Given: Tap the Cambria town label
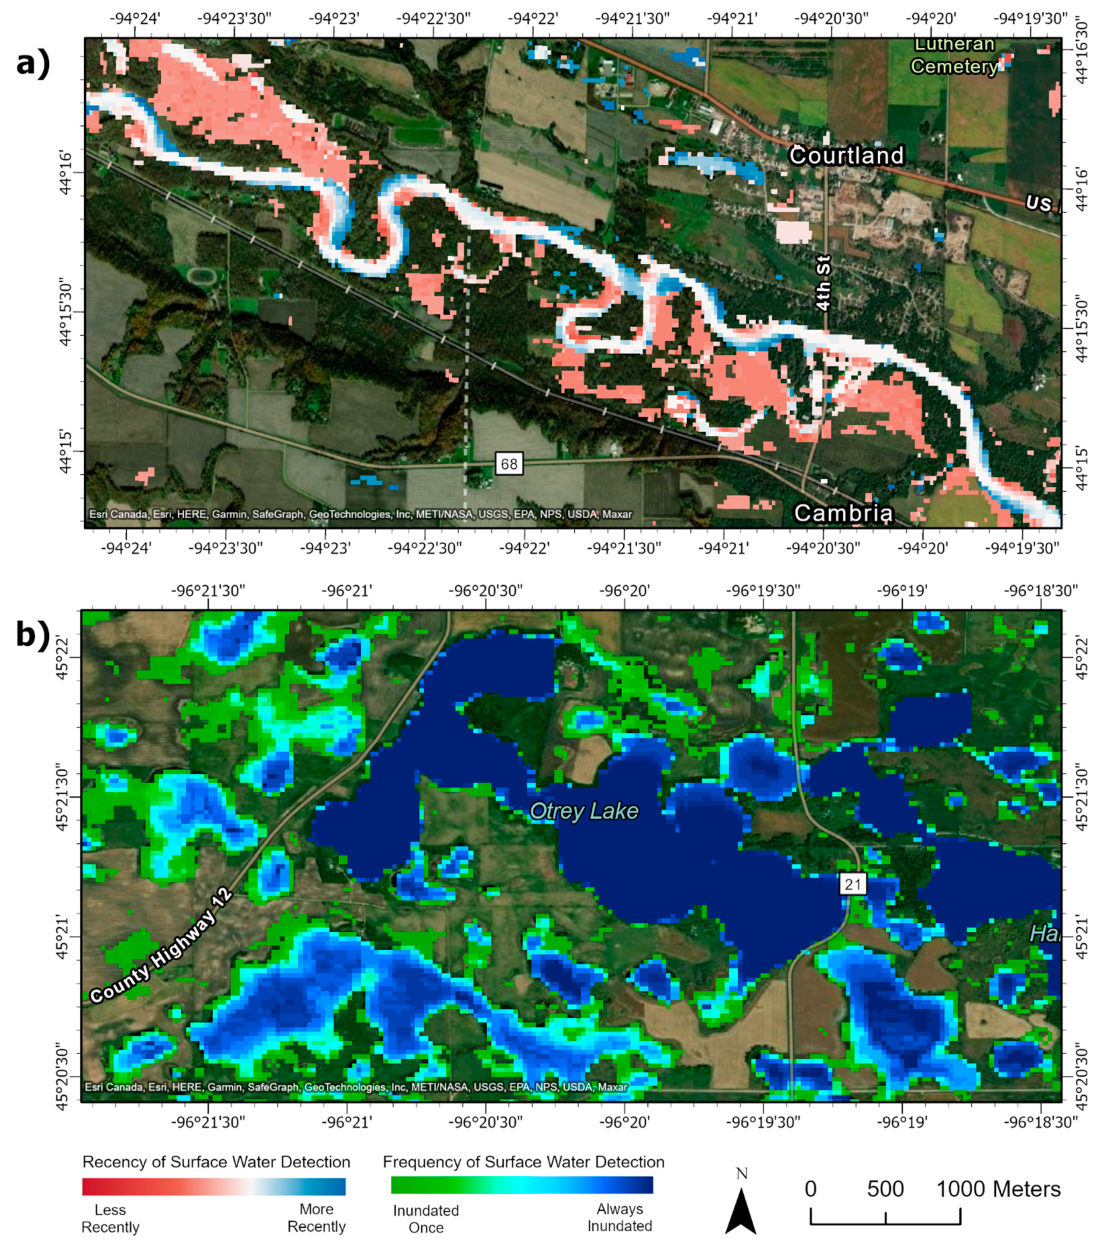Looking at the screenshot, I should (x=843, y=513).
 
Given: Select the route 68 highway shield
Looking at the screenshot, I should (x=508, y=464).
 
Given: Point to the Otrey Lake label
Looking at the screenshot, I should (x=584, y=811).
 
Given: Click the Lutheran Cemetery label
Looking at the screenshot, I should (x=954, y=56).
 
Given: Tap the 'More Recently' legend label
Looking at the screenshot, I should (x=317, y=1217).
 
